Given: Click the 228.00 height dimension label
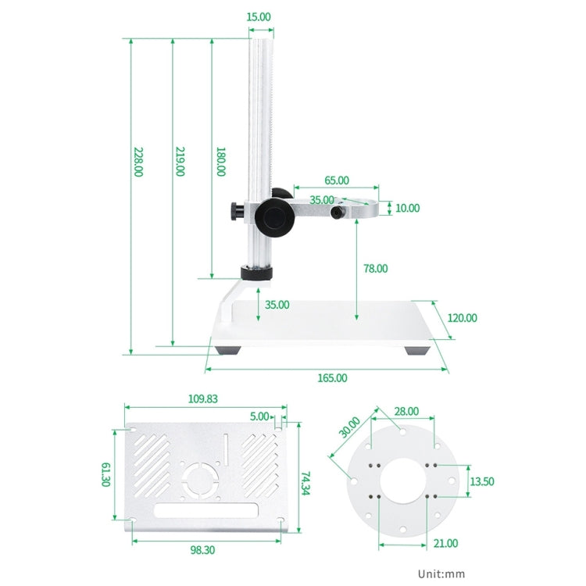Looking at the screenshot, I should [x=138, y=163].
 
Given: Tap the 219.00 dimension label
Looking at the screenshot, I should [x=180, y=163].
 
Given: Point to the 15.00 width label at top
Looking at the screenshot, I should [x=259, y=16].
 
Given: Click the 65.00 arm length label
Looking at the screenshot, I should [x=337, y=180].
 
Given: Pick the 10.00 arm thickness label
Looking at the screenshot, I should [x=407, y=209].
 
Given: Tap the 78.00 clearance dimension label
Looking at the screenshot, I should [x=375, y=269].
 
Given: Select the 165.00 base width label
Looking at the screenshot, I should [x=332, y=378].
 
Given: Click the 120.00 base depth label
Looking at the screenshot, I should [x=462, y=318].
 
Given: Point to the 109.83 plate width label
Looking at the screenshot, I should [x=203, y=398].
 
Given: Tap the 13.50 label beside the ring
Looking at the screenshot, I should [x=481, y=481].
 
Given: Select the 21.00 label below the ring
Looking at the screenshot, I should [x=447, y=544].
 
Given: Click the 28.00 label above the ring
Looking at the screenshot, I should [x=406, y=411].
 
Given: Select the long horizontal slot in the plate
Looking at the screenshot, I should [x=206, y=513].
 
